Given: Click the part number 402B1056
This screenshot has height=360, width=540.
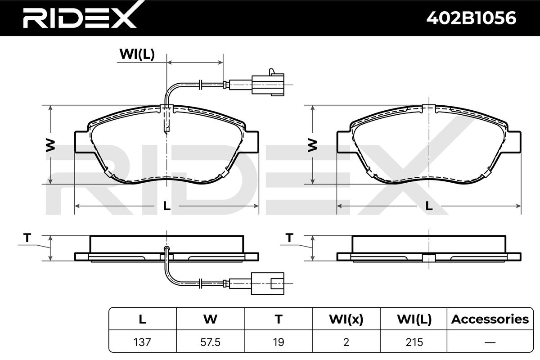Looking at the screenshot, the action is click(471, 18).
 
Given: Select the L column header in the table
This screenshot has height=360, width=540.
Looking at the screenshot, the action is click(143, 319).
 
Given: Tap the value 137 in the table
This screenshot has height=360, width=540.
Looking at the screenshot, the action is click(142, 342).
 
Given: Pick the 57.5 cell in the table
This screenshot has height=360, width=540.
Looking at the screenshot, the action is click(211, 342).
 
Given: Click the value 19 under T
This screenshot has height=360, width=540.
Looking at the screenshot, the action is click(279, 342).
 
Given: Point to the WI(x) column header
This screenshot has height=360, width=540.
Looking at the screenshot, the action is click(346, 319).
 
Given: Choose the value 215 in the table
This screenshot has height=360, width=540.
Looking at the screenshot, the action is click(414, 342).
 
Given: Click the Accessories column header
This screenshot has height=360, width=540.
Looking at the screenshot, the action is click(490, 319).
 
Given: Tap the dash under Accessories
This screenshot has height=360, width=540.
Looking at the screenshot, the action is click(490, 342).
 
